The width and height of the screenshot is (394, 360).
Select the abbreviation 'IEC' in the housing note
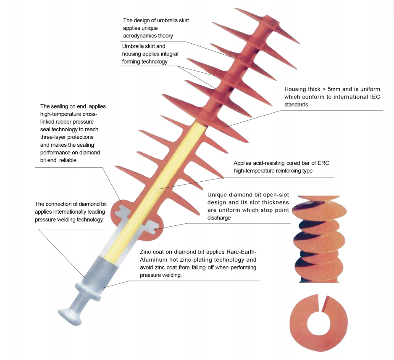click(375, 97)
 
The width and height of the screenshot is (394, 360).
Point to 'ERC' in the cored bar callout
click(323, 163)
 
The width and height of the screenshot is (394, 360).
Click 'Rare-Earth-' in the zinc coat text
click(242, 252)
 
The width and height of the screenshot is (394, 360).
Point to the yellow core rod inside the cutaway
click(156, 189)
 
